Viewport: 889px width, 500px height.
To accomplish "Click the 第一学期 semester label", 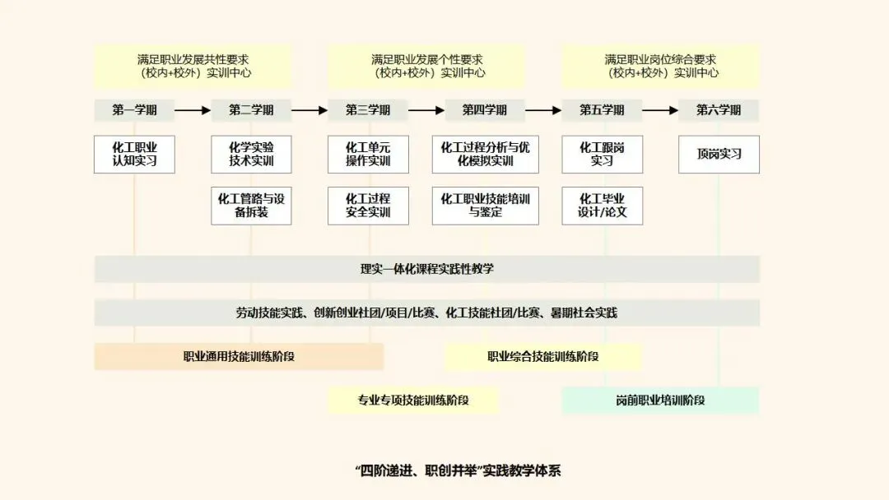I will point(135,110).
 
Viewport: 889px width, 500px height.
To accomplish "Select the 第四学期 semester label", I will point(485,110).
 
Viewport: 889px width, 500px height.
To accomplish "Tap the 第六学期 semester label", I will point(719,110).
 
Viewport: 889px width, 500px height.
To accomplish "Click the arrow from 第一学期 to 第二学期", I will point(193,110).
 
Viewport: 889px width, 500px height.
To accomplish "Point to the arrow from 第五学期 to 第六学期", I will point(660,110).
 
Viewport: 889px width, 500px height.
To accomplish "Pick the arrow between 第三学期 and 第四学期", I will point(426,110).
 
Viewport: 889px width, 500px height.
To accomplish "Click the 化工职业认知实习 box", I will point(135,154).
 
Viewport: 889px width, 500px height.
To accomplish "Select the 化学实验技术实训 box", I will point(251,154).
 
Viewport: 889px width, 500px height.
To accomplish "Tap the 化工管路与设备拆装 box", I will point(251,206).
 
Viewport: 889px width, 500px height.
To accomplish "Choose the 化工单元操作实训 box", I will point(368,154).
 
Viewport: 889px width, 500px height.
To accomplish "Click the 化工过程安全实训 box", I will point(368,206).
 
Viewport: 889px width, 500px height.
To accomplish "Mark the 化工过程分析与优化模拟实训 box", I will point(485,154).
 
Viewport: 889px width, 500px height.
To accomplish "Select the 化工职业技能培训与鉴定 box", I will point(485,206).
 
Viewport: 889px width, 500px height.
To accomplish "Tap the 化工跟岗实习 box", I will point(602,154).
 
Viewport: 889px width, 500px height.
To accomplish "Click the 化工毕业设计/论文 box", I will point(602,206).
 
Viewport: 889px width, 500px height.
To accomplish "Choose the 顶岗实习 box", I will point(719,154).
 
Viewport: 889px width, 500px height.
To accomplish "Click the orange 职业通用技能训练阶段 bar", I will point(239,357).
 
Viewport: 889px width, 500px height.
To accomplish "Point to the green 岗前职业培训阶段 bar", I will point(660,400).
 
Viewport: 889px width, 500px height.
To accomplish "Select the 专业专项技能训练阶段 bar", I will point(413,400).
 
